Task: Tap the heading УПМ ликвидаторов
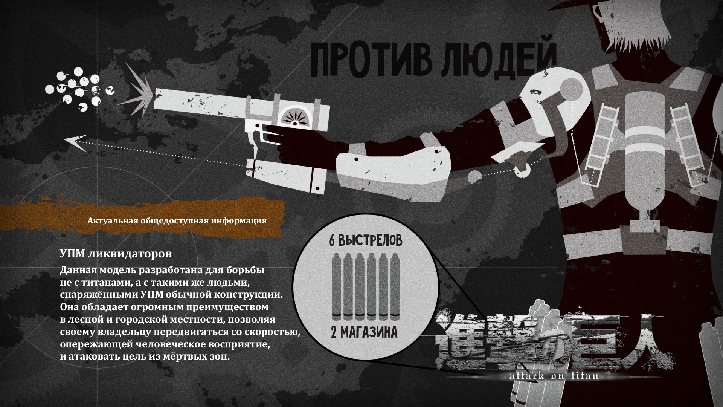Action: (116, 254)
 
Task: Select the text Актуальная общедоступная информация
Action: (177, 221)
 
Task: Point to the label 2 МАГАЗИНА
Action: (364, 332)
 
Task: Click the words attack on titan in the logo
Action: (554, 376)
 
